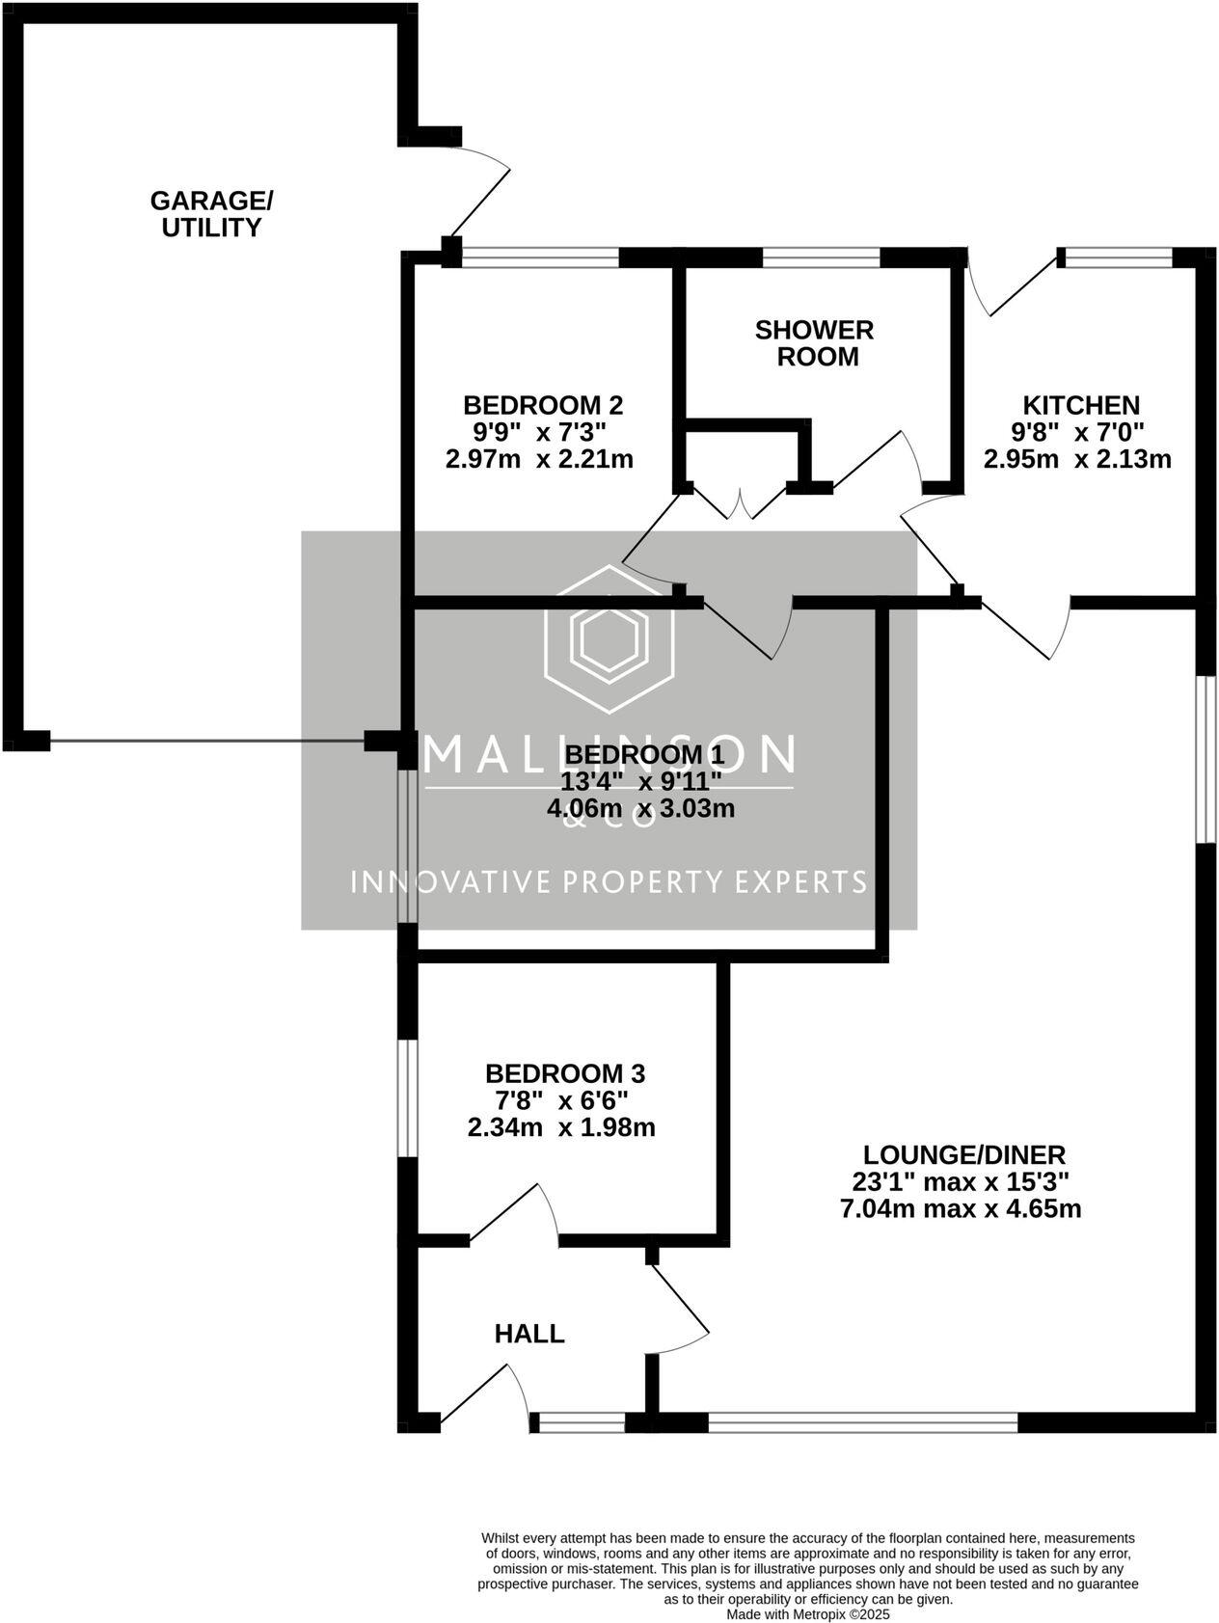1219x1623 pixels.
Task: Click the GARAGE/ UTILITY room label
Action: [211, 214]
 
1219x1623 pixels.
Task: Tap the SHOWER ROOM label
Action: [814, 343]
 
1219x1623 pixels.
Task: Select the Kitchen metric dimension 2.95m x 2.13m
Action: [1076, 459]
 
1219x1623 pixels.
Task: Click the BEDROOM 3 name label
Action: [564, 1073]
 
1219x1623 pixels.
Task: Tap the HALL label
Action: [528, 1334]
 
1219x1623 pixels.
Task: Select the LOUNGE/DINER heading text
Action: [963, 1154]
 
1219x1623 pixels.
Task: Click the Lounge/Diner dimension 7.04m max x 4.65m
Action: [961, 1208]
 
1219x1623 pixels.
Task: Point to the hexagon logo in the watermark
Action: [609, 639]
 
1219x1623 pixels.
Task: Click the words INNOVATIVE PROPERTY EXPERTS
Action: [609, 881]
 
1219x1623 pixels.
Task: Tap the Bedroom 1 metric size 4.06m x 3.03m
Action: [640, 808]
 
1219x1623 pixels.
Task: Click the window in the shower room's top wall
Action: [821, 257]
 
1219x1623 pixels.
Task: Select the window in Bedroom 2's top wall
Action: [540, 257]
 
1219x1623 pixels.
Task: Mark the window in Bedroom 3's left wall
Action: [408, 1097]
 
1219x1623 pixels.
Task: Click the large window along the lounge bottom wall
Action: [862, 1421]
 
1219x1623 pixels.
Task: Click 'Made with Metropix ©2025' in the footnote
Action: [807, 1613]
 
